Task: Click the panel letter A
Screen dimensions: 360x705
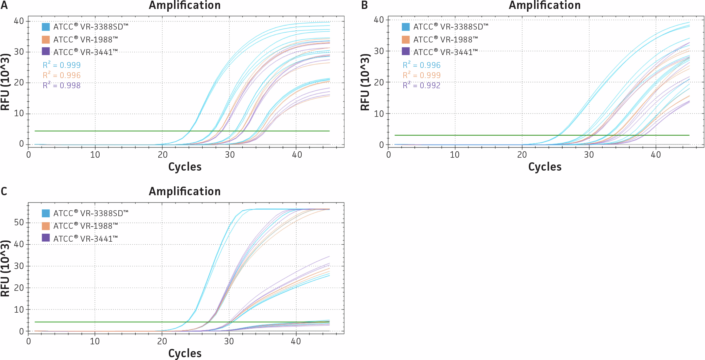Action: (4, 5)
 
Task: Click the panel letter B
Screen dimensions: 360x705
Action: (364, 5)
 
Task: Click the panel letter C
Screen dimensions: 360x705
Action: (4, 192)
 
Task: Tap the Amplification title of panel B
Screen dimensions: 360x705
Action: (545, 5)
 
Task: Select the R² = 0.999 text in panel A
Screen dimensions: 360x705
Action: (61, 65)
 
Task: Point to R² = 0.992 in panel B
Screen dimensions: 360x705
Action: (422, 85)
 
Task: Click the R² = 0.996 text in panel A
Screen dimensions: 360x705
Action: (61, 75)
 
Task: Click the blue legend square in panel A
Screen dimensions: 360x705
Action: (46, 27)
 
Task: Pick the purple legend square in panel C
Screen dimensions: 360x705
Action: (46, 238)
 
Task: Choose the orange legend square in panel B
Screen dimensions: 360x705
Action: (406, 40)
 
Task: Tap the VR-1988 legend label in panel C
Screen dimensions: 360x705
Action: (86, 226)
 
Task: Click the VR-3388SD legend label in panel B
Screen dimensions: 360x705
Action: (451, 27)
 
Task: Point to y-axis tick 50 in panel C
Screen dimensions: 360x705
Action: (19, 223)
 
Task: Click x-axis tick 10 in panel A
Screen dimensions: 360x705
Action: (95, 155)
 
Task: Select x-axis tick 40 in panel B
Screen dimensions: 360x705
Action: (655, 155)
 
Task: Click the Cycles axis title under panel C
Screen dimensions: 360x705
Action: (185, 353)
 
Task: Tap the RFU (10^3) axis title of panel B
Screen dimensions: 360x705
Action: (365, 82)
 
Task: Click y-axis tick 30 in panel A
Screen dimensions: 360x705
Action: (19, 52)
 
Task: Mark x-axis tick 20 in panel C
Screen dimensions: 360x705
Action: (162, 341)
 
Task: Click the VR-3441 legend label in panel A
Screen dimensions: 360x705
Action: (85, 52)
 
